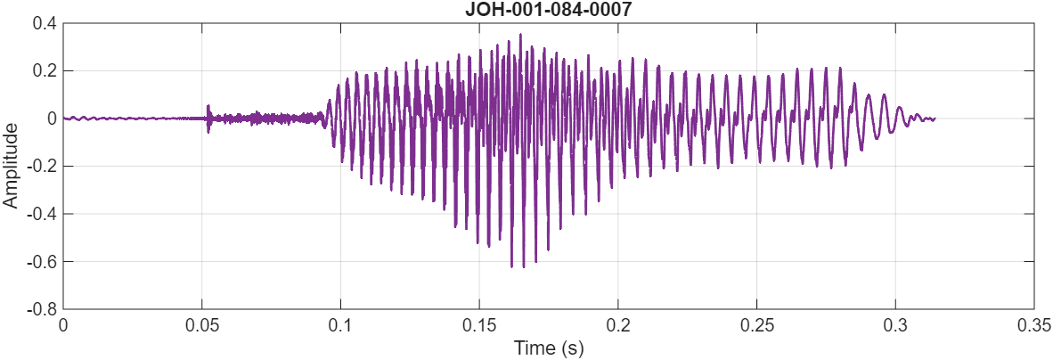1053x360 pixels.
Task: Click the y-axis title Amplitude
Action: [11, 167]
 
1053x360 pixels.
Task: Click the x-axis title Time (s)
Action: [548, 348]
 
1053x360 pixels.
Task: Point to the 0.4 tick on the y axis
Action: [44, 23]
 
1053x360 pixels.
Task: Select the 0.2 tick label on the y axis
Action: [44, 71]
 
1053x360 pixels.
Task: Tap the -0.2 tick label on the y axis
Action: [41, 167]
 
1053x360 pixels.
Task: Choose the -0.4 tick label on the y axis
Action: [41, 215]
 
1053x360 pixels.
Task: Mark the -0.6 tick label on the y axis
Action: [41, 262]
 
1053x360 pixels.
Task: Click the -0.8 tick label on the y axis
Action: [41, 310]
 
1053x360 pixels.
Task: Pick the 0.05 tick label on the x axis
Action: [202, 326]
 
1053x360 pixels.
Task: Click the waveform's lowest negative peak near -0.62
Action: [511, 266]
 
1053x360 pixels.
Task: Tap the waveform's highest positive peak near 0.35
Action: [520, 36]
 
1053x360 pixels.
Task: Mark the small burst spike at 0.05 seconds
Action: [208, 107]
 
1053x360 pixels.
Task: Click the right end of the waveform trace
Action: [935, 119]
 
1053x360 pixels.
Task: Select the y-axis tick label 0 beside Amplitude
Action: [51, 119]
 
